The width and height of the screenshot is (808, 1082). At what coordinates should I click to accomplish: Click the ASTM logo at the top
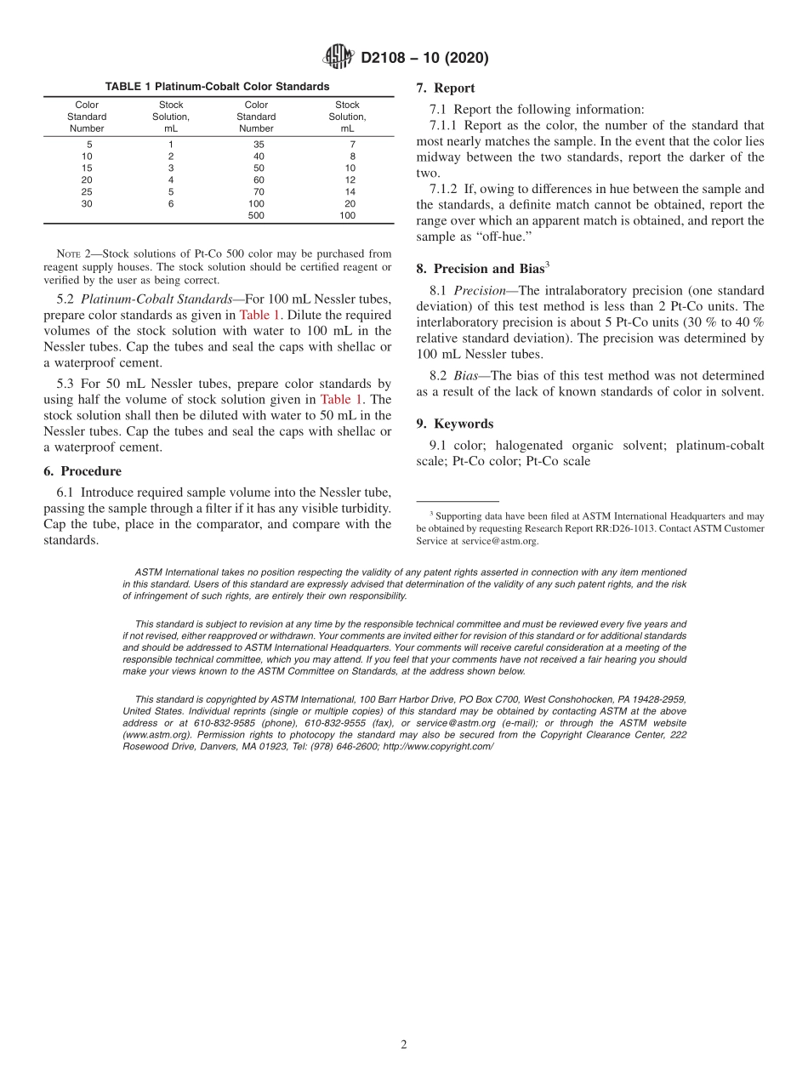(339, 58)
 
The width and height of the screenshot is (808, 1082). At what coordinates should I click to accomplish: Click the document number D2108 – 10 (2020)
(424, 58)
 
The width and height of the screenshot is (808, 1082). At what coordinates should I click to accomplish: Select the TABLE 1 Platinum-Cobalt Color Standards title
(217, 87)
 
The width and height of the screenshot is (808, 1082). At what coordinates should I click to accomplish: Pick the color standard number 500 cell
(256, 216)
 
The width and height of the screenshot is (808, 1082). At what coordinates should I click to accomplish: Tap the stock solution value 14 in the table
(347, 192)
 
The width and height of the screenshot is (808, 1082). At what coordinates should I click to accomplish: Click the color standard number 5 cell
(87, 145)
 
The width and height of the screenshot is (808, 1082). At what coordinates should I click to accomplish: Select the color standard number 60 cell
(256, 180)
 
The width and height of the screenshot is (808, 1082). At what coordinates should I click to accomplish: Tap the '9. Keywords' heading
(454, 424)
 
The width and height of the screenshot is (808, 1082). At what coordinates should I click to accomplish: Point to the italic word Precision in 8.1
(479, 290)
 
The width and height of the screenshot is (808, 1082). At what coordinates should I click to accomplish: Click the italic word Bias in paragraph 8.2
(465, 375)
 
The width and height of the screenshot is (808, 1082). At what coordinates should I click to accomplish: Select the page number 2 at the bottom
(404, 1045)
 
